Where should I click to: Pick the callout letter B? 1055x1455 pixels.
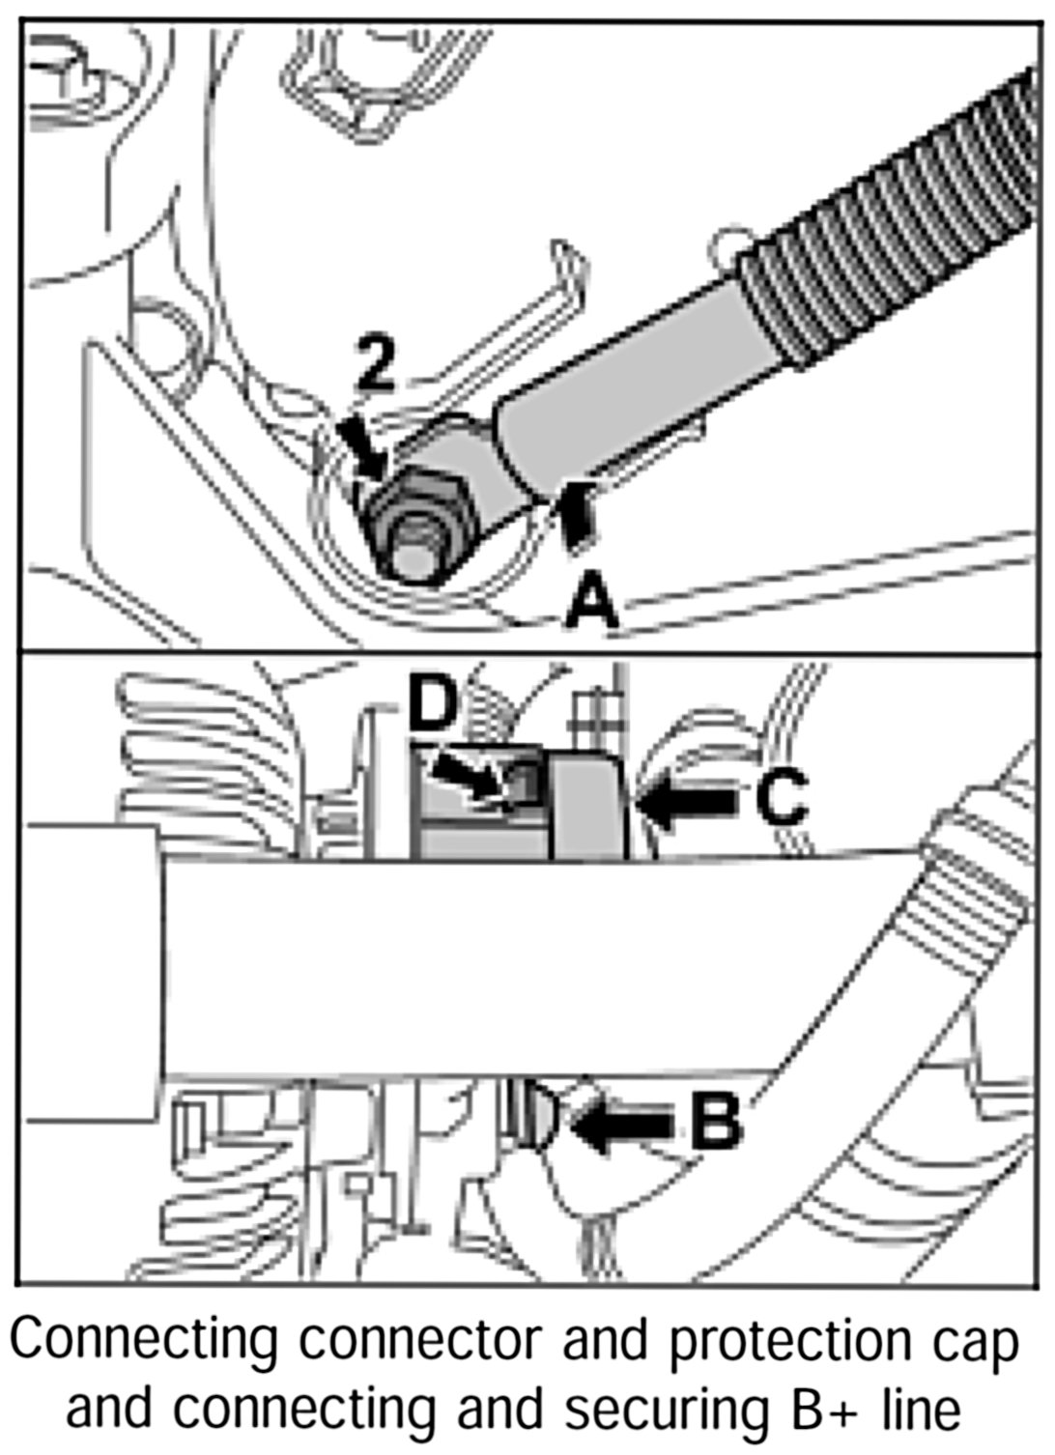[716, 1121]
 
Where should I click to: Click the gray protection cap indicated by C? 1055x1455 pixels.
[590, 807]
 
